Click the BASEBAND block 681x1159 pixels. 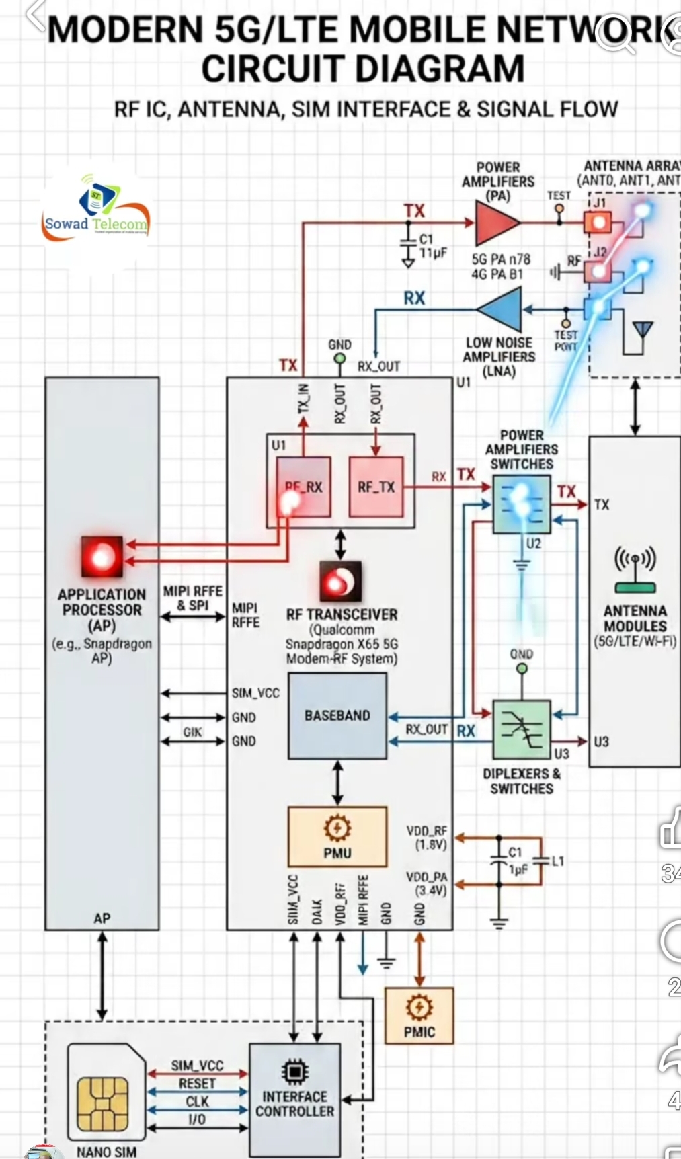(x=337, y=716)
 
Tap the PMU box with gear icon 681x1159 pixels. (x=337, y=836)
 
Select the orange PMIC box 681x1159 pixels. (x=419, y=1015)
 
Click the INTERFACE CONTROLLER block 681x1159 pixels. (x=294, y=1098)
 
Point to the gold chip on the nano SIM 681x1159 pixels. (x=102, y=1104)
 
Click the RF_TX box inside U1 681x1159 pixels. (x=376, y=487)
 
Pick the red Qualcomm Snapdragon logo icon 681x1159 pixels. (x=340, y=582)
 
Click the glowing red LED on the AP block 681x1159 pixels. (x=102, y=557)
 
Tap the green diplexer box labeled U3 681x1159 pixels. (x=522, y=729)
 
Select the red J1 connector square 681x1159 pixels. (x=598, y=222)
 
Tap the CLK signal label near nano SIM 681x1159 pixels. (x=197, y=1101)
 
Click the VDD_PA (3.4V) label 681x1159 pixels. (x=426, y=883)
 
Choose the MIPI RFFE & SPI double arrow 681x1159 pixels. (x=192, y=616)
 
